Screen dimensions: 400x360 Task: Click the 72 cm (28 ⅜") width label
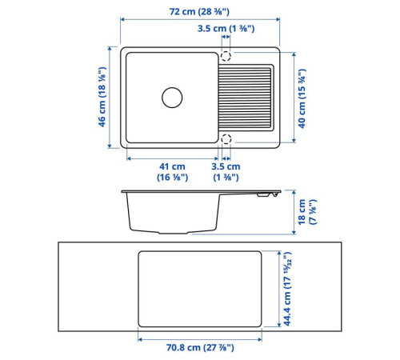coord(199,12)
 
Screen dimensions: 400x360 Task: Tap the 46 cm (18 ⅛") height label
coord(102,97)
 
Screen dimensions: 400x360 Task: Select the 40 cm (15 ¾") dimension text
coord(302,98)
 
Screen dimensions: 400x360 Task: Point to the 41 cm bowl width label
coord(172,172)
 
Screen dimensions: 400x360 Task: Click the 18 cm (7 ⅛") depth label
coord(307,212)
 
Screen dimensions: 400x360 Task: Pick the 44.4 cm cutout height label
coord(287,289)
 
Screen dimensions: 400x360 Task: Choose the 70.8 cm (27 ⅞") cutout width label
coord(200,348)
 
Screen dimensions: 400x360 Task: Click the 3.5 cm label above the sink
coord(226,28)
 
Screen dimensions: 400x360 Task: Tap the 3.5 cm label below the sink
coord(226,172)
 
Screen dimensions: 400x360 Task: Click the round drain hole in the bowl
coord(172,98)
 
